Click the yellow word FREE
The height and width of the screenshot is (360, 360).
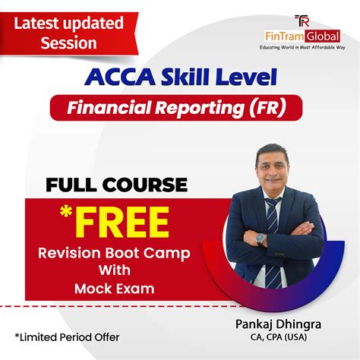click(122, 223)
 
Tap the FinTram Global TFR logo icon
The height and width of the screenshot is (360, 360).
click(302, 21)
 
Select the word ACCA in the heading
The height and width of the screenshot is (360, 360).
click(120, 77)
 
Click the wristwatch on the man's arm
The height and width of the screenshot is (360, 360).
click(260, 239)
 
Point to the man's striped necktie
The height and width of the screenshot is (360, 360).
click(273, 241)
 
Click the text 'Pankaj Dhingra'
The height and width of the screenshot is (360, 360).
click(278, 324)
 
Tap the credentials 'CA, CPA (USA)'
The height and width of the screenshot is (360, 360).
click(279, 337)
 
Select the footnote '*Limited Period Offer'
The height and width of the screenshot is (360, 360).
click(67, 337)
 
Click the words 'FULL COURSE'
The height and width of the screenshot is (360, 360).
click(117, 185)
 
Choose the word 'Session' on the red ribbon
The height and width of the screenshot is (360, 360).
click(68, 43)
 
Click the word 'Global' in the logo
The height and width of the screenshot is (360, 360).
click(322, 36)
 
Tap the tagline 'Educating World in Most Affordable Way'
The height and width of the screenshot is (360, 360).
click(302, 47)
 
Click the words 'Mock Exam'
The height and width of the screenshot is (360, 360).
click(115, 289)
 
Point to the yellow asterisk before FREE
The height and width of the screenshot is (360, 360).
click(66, 211)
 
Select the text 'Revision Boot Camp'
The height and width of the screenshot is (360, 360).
click(114, 254)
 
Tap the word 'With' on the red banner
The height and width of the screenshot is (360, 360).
click(115, 270)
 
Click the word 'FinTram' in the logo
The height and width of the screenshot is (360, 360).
click(284, 36)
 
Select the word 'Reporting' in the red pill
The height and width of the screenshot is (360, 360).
click(200, 108)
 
